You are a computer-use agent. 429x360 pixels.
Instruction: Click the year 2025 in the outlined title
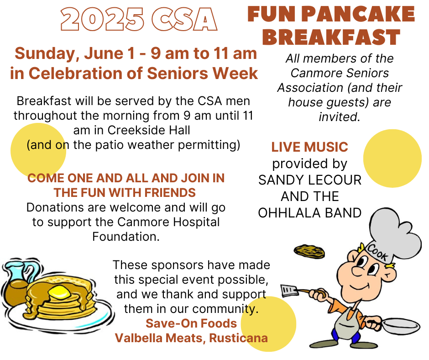tap(102, 20)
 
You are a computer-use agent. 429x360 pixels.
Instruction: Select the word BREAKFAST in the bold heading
tap(331, 37)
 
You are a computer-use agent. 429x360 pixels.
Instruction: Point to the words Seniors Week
tap(203, 74)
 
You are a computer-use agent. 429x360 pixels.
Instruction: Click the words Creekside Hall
tap(149, 130)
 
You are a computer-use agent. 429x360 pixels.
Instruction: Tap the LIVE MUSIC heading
tap(309, 147)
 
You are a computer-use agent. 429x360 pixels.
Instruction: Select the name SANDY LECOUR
tap(310, 180)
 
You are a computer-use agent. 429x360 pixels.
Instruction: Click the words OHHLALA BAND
tap(310, 213)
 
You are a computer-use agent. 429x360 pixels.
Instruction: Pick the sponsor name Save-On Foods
tap(191, 323)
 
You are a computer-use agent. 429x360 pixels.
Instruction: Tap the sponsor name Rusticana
tap(238, 338)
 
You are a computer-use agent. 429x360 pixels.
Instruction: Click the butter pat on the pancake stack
tap(59, 292)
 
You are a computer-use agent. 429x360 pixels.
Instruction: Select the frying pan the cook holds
tap(399, 326)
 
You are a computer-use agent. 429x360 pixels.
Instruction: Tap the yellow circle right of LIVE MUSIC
tap(392, 159)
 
